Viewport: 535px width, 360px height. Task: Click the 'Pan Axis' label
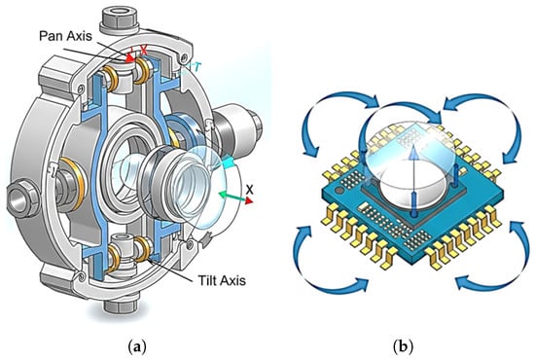[x=65, y=36]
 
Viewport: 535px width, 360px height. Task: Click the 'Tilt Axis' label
[x=222, y=280]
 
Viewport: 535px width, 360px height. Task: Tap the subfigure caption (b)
[x=404, y=347]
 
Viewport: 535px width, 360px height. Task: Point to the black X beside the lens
[x=250, y=190]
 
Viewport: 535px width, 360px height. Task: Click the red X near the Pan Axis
[x=144, y=51]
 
